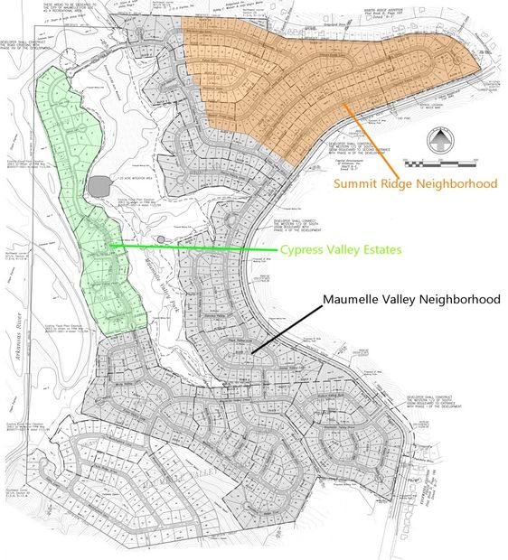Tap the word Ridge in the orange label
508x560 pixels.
click(399, 183)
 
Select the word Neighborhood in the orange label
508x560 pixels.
click(457, 183)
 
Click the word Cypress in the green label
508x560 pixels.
click(304, 249)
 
